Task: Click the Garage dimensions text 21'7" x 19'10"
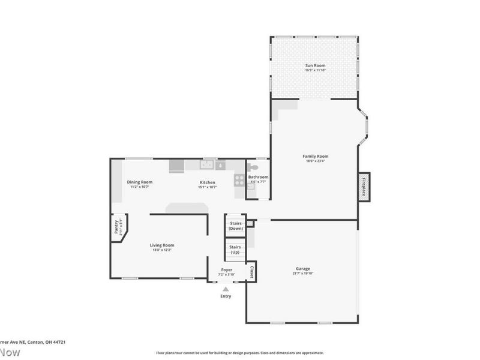point(303,274)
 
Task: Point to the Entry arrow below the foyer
point(226,288)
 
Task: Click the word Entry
point(226,296)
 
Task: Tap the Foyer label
point(227,270)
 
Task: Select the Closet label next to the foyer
point(251,272)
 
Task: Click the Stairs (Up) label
point(235,249)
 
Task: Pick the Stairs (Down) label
point(236,226)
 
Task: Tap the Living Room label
point(162,245)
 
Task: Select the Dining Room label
point(139,182)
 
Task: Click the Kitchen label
point(208,182)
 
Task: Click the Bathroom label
point(259,177)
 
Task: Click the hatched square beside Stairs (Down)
point(251,223)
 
